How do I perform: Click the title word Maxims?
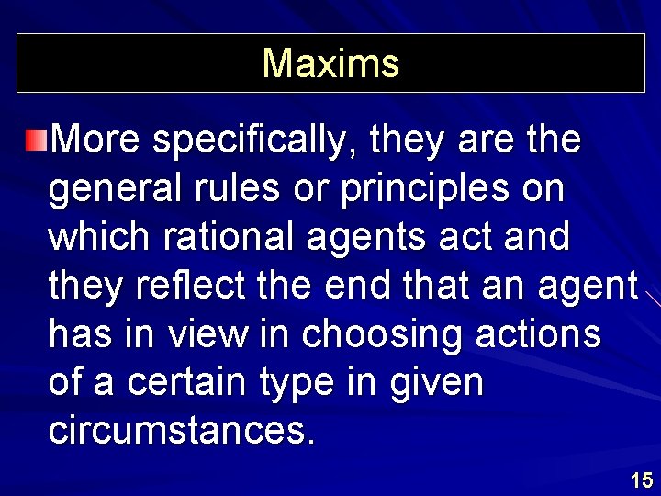point(330,64)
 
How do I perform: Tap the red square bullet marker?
point(36,140)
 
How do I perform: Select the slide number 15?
point(642,479)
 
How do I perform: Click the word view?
point(208,334)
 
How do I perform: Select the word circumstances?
point(181,431)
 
